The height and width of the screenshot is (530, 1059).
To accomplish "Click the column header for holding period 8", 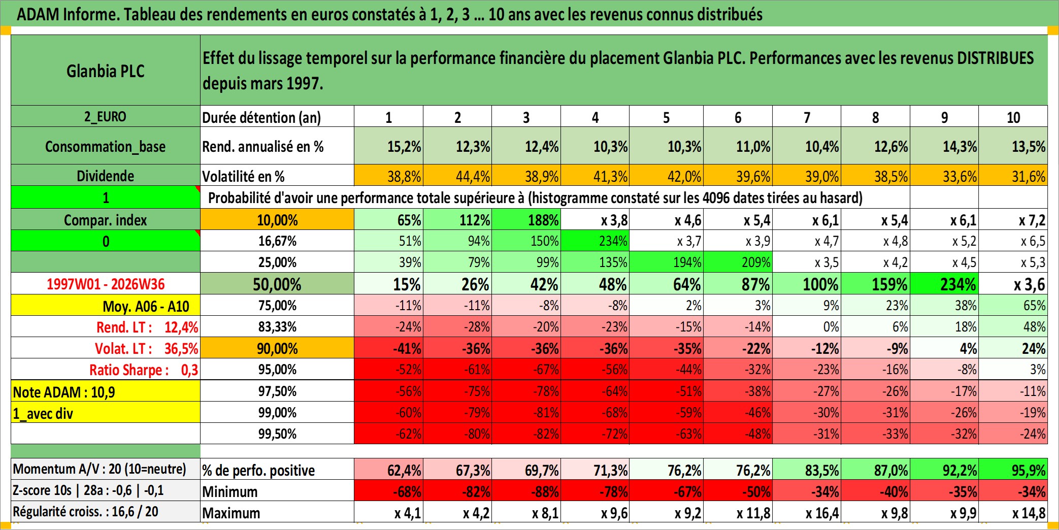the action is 876,117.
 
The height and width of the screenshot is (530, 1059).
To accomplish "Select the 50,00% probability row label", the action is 277,284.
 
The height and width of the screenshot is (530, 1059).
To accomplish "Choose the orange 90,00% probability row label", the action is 277,348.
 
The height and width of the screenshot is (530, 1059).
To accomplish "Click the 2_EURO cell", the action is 106,116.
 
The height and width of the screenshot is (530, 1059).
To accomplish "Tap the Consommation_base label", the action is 106,146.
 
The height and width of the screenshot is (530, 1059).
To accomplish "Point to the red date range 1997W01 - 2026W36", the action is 106,284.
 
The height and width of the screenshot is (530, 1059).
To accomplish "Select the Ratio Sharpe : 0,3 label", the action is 144,370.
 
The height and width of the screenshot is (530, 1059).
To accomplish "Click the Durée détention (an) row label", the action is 261,117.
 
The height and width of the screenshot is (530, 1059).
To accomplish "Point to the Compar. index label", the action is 106,220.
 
